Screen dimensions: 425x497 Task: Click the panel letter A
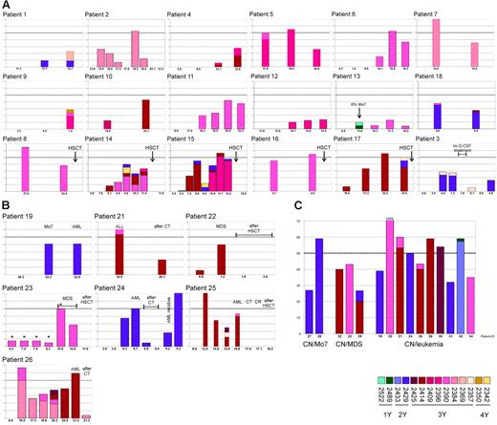(x=6, y=5)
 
